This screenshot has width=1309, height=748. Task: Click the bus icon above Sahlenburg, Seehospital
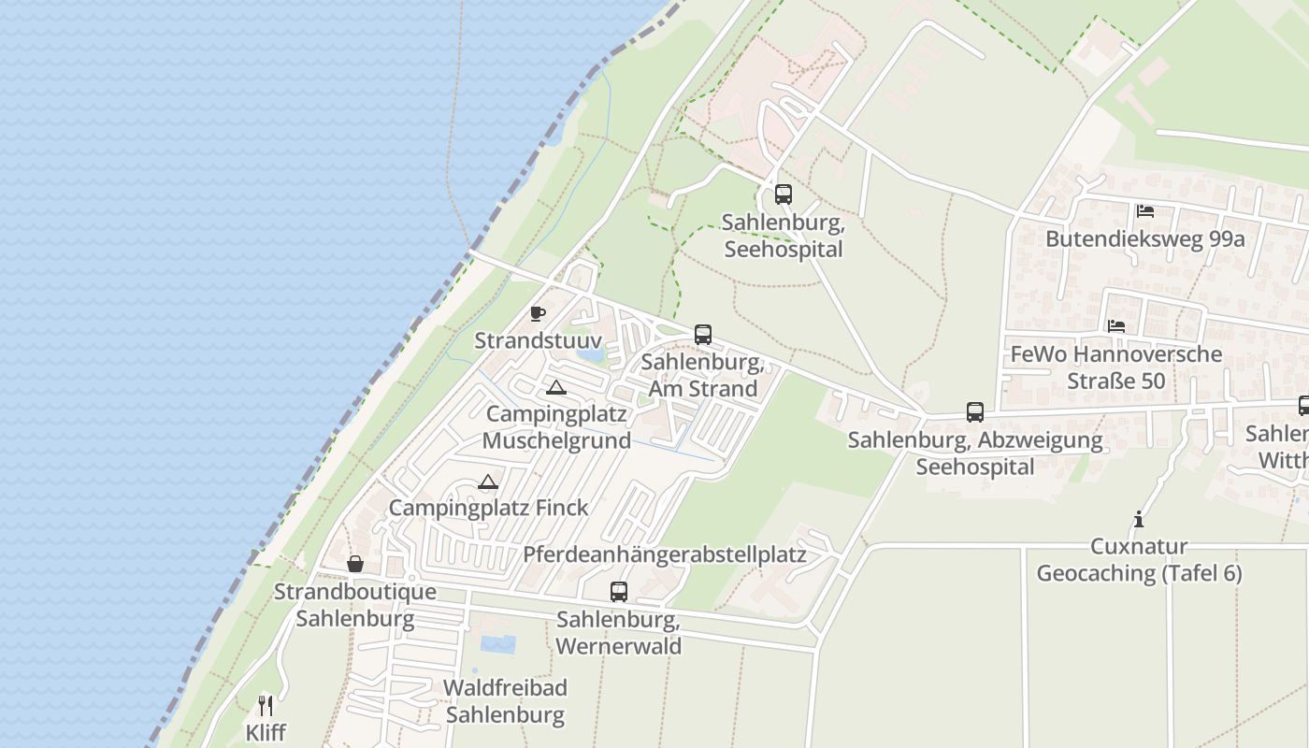pos(784,194)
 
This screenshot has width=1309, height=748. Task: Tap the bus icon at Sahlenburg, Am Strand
pos(703,335)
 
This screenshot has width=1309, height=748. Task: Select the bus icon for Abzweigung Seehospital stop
pos(975,412)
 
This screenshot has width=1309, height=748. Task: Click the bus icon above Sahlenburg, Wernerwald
pos(619,592)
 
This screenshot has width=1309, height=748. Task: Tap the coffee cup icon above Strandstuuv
pos(538,313)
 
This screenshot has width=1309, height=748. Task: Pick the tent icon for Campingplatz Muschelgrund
pos(556,388)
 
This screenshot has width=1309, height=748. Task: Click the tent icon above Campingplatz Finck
pos(487,482)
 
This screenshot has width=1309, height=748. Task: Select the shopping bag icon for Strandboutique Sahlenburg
pos(355,564)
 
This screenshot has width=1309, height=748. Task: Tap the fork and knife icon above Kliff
pos(266,705)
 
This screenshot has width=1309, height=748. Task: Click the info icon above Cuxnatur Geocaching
pos(1139,519)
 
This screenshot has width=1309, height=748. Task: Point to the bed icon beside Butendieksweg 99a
pos(1145,211)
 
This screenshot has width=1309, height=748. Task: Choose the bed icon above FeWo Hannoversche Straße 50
pos(1116,326)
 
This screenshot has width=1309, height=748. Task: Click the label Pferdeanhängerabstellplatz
pos(664,554)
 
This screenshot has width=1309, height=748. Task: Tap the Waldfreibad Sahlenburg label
pos(505,702)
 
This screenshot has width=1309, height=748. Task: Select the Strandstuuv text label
pos(538,340)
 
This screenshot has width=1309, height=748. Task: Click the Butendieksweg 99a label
pos(1144,238)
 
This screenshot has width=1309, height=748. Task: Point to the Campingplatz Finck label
pos(488,508)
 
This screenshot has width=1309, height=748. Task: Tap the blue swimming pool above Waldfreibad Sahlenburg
pos(497,643)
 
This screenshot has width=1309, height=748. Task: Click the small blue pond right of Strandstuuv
pos(590,354)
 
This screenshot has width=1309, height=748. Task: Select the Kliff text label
pos(266,732)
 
